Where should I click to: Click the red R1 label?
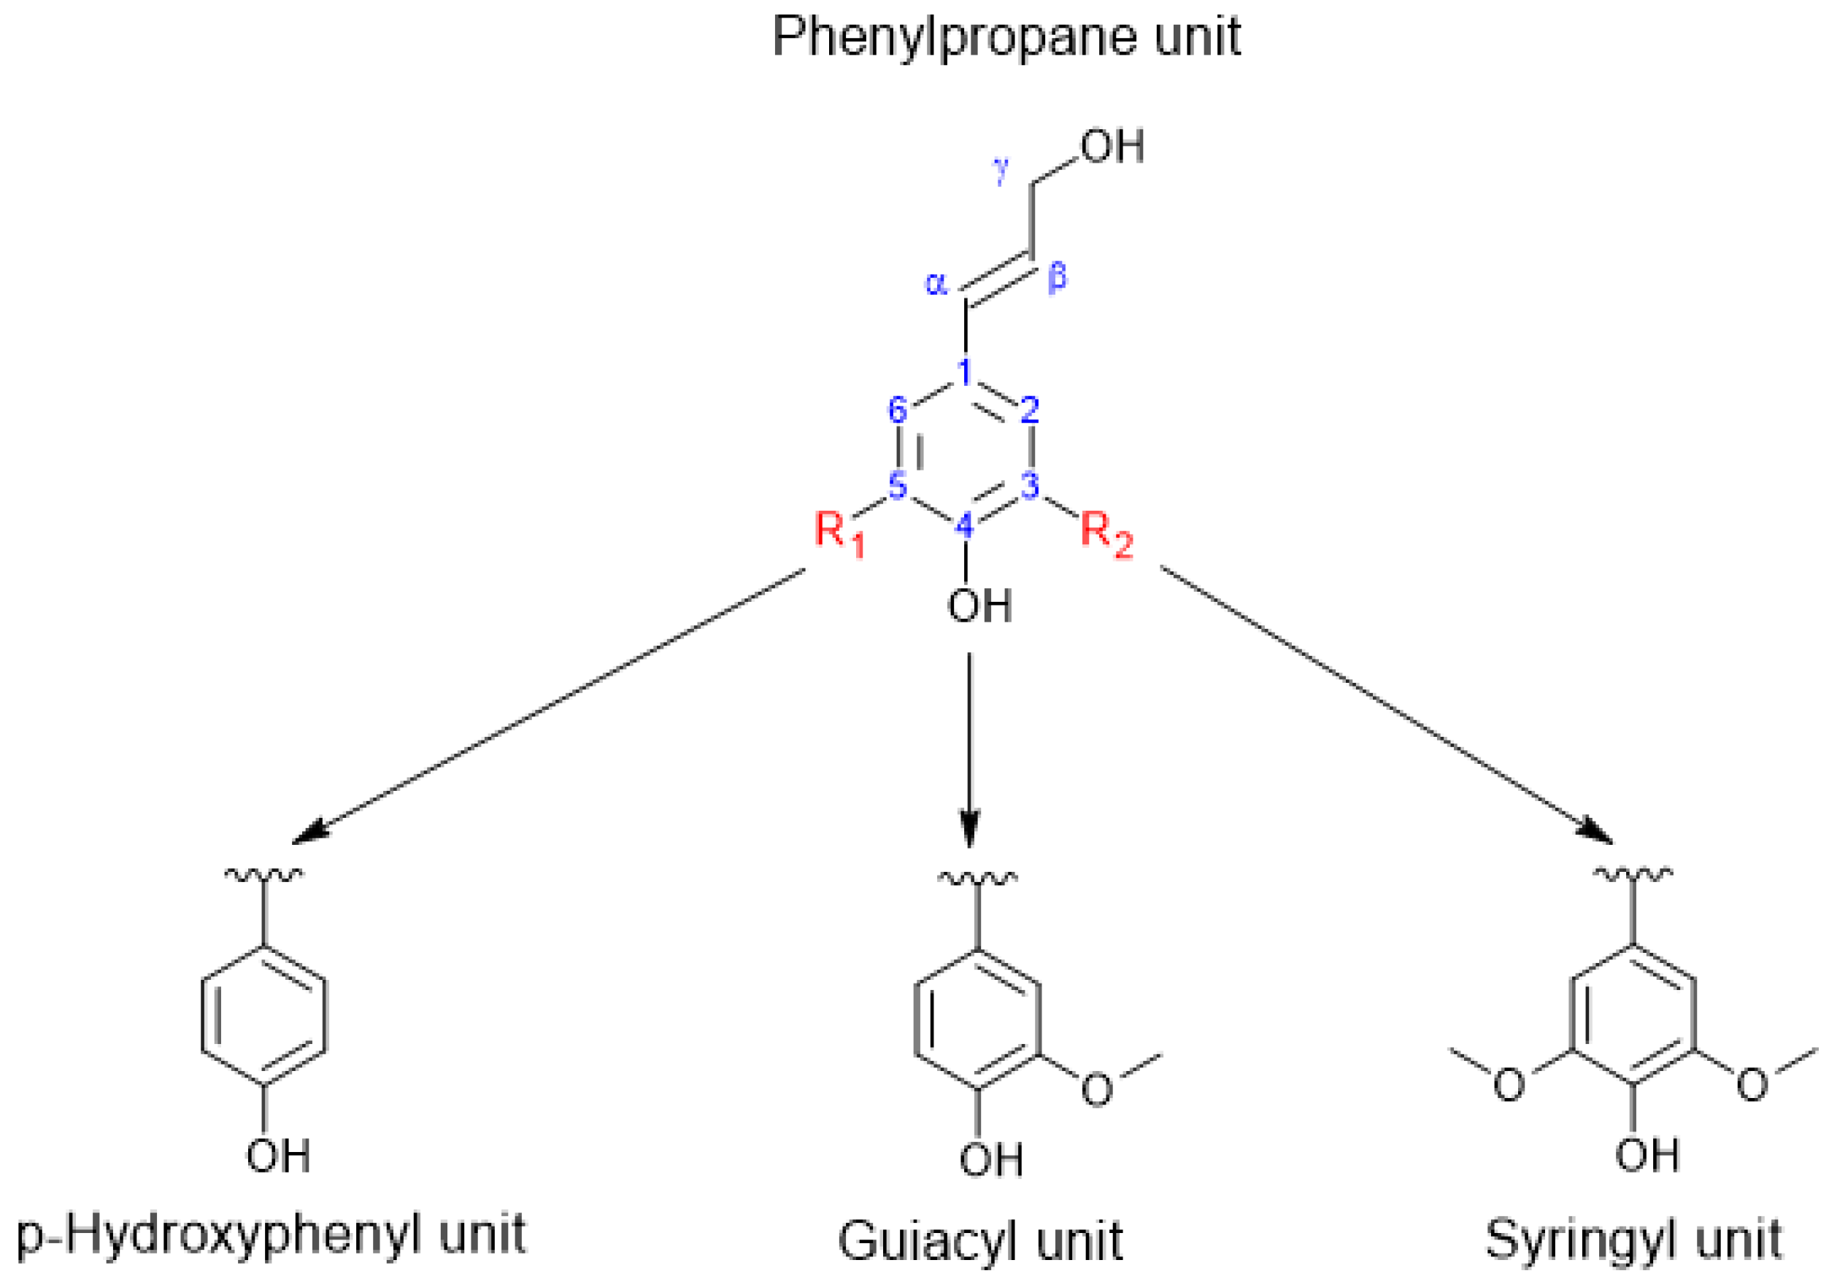tap(839, 533)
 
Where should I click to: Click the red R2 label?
tap(1106, 533)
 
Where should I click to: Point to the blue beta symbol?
tap(1057, 277)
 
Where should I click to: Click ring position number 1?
tap(965, 371)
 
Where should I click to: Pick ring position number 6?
tap(898, 410)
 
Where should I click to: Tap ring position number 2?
tap(1030, 410)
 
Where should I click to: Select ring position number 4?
tap(965, 525)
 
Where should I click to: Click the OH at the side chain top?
tap(1112, 147)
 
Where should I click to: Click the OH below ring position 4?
tap(979, 606)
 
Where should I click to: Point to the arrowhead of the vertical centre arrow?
tap(969, 837)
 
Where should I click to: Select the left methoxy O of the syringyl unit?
tap(1509, 1085)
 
